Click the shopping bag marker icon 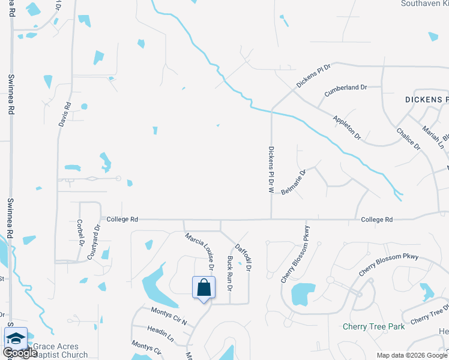point(203,287)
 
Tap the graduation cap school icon point(16,337)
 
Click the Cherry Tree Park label point(373,326)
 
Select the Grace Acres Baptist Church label point(60,350)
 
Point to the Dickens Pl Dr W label point(271,170)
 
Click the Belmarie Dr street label point(295,182)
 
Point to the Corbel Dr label point(82,233)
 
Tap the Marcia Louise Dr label point(200,250)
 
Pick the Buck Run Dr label point(230,272)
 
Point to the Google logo point(20,353)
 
